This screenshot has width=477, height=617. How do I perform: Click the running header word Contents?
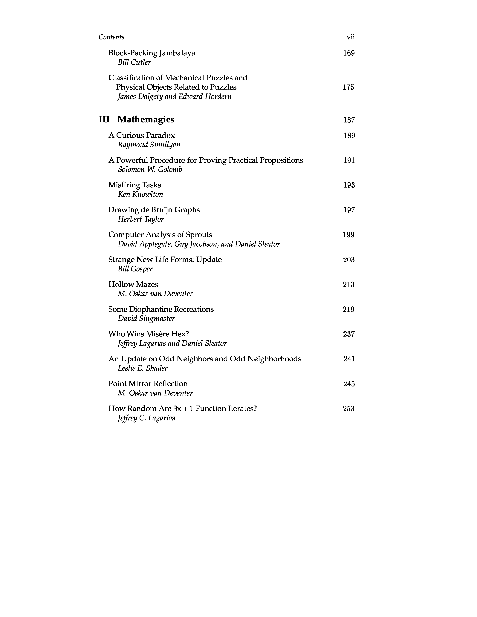[x=111, y=37]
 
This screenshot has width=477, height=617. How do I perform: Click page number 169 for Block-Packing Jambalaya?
[x=349, y=53]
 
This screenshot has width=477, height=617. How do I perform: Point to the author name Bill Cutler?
[x=134, y=62]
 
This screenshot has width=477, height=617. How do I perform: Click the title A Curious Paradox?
[x=142, y=135]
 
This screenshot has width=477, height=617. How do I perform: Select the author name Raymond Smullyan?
[x=149, y=145]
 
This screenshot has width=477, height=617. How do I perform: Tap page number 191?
[x=349, y=160]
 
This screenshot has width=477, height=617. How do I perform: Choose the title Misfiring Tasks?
[x=134, y=185]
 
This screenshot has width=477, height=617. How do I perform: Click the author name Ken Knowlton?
[x=140, y=194]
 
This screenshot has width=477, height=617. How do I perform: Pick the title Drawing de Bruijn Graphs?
[x=154, y=210]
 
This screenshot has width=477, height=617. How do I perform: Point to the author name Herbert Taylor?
[x=141, y=219]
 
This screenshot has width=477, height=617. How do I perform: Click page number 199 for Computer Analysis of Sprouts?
[x=348, y=235]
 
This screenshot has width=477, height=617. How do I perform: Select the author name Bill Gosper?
[x=135, y=269]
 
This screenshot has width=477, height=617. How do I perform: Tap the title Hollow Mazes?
[x=133, y=285]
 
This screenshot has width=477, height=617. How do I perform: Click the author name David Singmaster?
[x=146, y=319]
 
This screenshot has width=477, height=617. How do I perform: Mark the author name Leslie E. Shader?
[x=142, y=368]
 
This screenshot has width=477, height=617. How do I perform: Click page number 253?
[x=348, y=409]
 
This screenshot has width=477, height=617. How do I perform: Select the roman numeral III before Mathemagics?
[x=104, y=119]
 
